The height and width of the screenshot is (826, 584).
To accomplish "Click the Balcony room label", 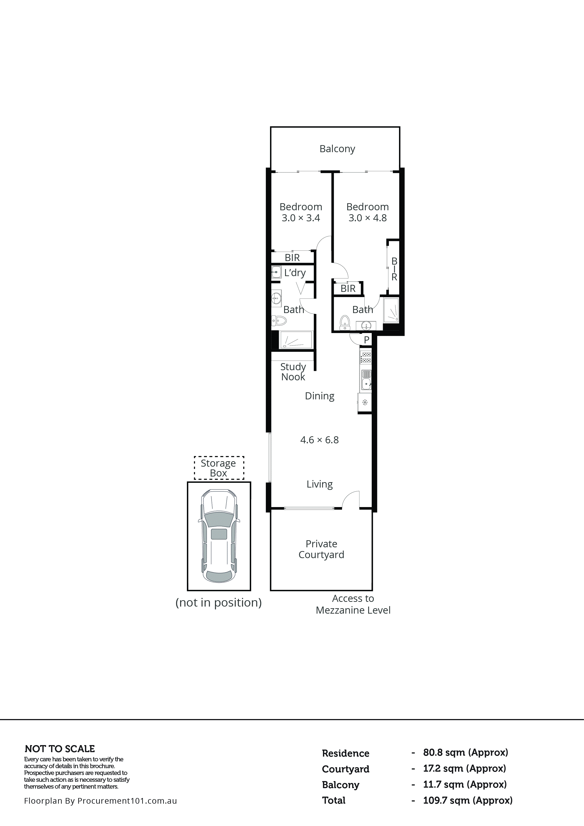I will pyautogui.click(x=337, y=149).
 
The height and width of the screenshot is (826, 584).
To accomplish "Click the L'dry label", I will pyautogui.click(x=295, y=273).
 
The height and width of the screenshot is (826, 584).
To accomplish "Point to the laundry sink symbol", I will pyautogui.click(x=276, y=272).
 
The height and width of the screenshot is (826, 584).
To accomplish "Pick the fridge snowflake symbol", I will pyautogui.click(x=365, y=402).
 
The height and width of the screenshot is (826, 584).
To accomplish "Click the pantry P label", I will pyautogui.click(x=367, y=340).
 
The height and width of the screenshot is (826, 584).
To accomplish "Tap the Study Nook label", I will pyautogui.click(x=293, y=372).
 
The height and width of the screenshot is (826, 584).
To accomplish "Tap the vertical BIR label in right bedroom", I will pyautogui.click(x=394, y=269).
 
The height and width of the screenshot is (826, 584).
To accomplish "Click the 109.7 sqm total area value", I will pyautogui.click(x=467, y=800).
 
